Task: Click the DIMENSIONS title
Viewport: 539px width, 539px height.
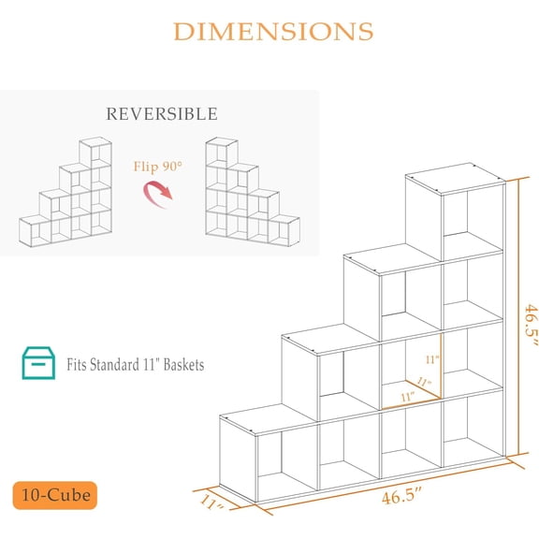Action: pos(273,32)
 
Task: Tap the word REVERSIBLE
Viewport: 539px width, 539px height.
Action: pos(162,114)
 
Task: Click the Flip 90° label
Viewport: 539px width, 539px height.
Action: pos(158,167)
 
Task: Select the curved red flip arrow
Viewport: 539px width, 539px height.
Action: pos(157,195)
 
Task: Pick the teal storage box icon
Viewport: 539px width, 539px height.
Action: pos(38,363)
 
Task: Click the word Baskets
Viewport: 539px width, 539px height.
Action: pos(184,365)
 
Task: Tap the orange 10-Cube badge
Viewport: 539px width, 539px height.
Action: pos(55,495)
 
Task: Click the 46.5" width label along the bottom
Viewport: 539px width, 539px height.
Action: pos(401,496)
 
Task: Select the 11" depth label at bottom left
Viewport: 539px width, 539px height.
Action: pos(212,503)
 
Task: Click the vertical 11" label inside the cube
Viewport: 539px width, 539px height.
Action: pos(432,359)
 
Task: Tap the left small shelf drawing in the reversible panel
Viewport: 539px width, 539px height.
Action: pos(66,192)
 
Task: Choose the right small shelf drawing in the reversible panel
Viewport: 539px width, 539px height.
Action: pos(253,192)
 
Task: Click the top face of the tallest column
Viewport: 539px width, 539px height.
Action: pos(456,179)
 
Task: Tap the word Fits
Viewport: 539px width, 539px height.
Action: pos(77,365)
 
